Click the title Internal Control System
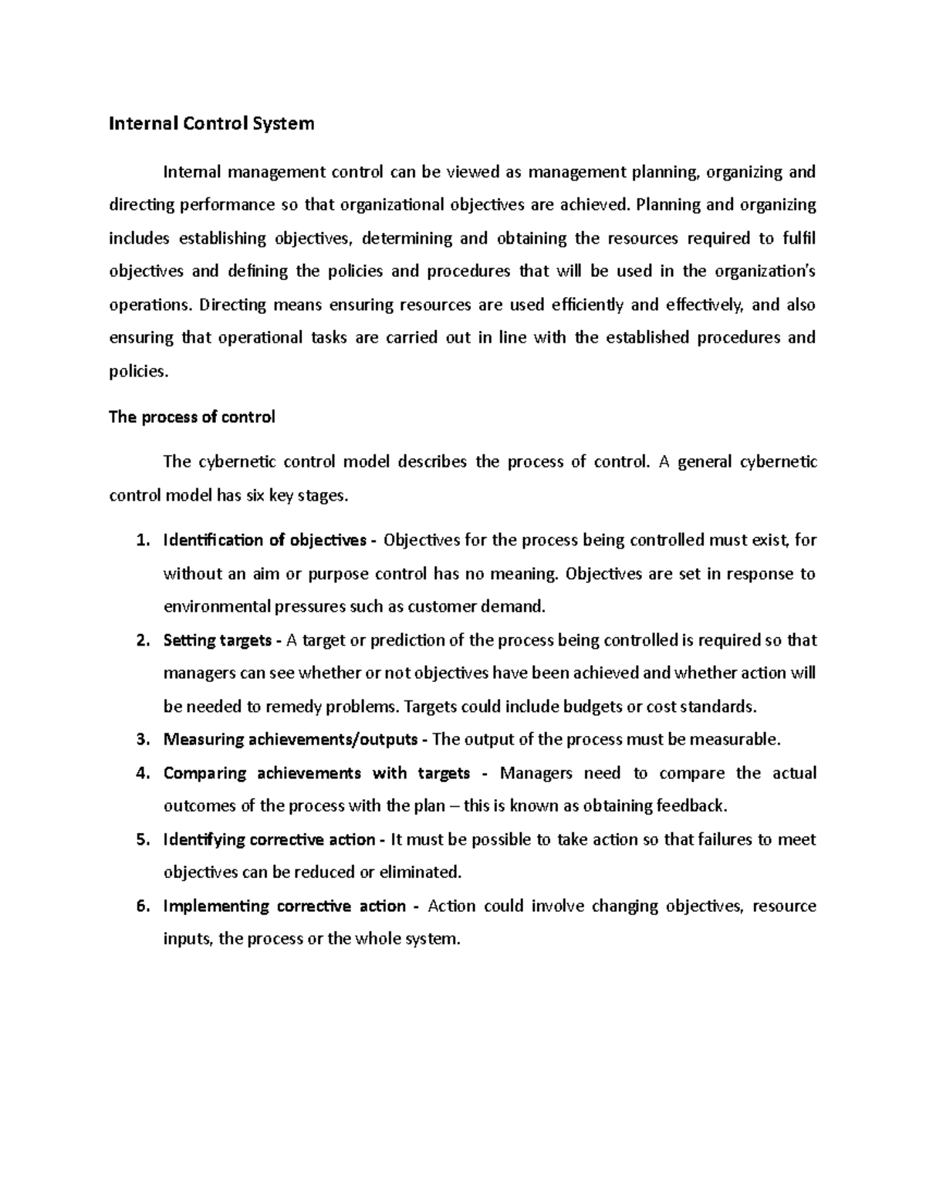[211, 123]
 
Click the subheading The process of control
[192, 417]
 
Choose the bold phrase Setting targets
[217, 641]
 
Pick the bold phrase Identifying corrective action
[269, 840]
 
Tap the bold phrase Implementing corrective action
[284, 906]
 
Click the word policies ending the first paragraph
[137, 372]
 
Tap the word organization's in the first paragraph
[765, 272]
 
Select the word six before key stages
[255, 496]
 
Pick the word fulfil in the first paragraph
[799, 238]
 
